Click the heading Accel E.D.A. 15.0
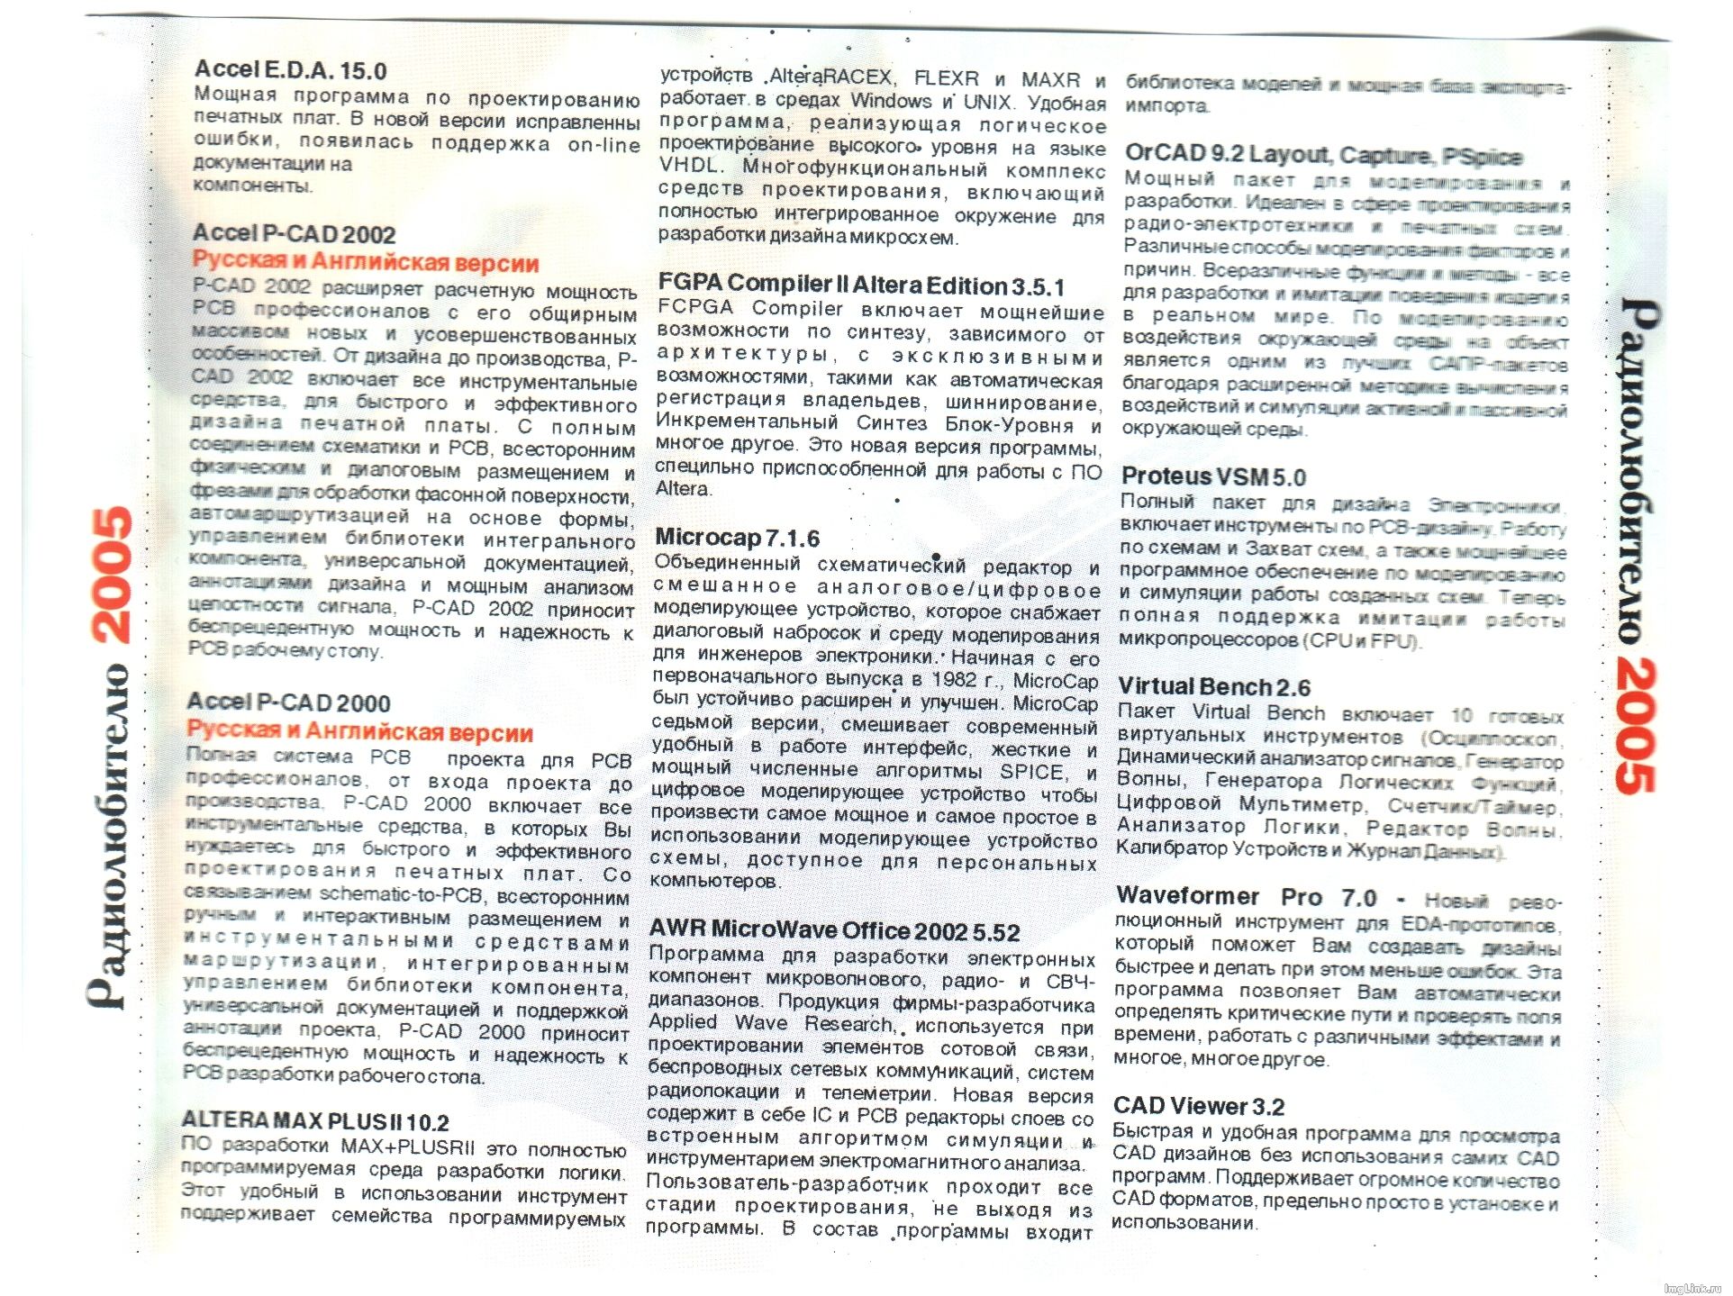pyautogui.click(x=290, y=70)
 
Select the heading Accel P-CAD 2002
pyautogui.click(x=294, y=234)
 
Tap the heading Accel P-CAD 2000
pyautogui.click(x=288, y=702)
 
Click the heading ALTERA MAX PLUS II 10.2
pyautogui.click(x=315, y=1122)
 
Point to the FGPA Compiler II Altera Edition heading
pyautogui.click(x=860, y=286)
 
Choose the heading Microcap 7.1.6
pyautogui.click(x=737, y=539)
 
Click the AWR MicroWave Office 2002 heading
pyautogui.click(x=834, y=930)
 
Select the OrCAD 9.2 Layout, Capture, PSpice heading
pyautogui.click(x=1323, y=156)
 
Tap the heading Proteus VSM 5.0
pyautogui.click(x=1212, y=476)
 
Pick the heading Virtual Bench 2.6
pyautogui.click(x=1213, y=687)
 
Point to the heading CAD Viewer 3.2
pyautogui.click(x=1198, y=1106)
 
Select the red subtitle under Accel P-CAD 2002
pyautogui.click(x=365, y=263)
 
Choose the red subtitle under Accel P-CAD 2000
pyautogui.click(x=359, y=731)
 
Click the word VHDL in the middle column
pyautogui.click(x=688, y=167)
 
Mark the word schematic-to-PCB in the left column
pyautogui.click(x=402, y=895)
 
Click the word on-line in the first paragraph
pyautogui.click(x=603, y=145)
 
